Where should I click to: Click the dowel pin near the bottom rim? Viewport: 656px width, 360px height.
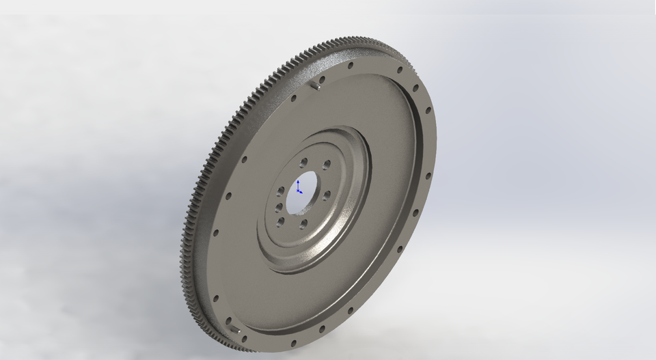(x=236, y=330)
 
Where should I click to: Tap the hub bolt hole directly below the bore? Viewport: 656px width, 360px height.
(x=303, y=223)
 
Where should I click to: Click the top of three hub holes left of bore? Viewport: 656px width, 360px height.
(x=281, y=190)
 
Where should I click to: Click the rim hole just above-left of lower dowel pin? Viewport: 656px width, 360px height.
(x=217, y=298)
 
